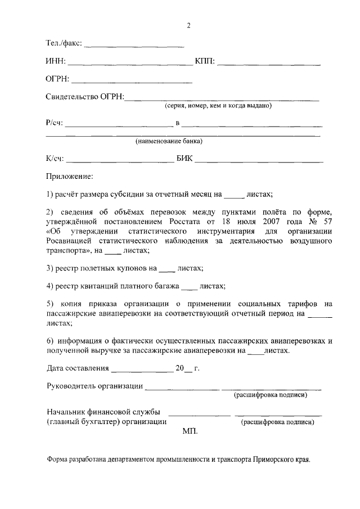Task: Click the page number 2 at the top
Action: click(189, 25)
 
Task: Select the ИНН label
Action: click(56, 61)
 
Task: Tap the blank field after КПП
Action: click(269, 64)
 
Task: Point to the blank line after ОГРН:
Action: click(132, 82)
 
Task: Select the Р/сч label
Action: click(55, 123)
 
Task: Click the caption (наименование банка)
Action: click(169, 141)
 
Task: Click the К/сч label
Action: click(55, 159)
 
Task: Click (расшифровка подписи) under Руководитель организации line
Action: click(271, 395)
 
